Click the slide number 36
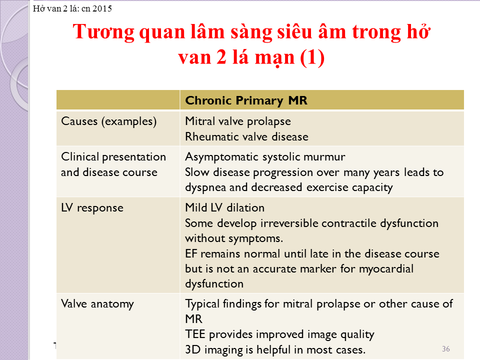tap(445, 348)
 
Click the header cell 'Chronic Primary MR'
tap(246, 100)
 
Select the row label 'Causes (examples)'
tap(108, 121)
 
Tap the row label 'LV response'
tap(92, 208)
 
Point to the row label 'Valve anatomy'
tap(97, 304)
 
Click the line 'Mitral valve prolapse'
tap(238, 121)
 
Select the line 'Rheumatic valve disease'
tap(246, 136)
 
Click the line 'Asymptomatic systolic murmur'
tap(265, 156)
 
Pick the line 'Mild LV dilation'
tap(224, 207)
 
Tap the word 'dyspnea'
tap(205, 187)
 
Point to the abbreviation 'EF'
tap(191, 254)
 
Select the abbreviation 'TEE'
tap(195, 334)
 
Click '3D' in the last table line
tap(193, 349)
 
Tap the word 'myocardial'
tap(386, 269)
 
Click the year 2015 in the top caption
tap(102, 8)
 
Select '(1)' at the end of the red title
tap(312, 57)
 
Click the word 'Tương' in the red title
tap(103, 32)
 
